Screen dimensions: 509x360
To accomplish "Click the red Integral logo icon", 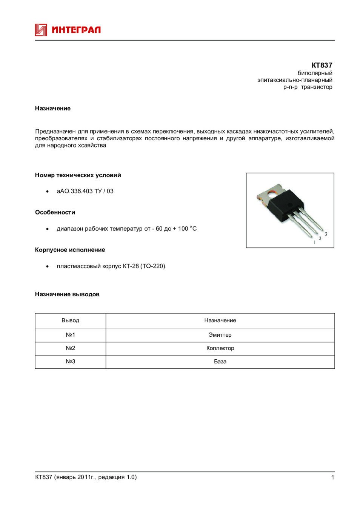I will (x=41, y=30).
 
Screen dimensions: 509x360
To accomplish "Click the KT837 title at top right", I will (x=322, y=65).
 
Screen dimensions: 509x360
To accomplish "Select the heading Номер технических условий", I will (x=78, y=175).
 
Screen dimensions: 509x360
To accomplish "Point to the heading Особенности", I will (x=55, y=212).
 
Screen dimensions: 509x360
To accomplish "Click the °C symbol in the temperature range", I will (x=193, y=228).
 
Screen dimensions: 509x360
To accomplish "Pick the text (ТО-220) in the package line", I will (x=153, y=266).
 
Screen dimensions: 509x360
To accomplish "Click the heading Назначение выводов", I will (x=67, y=294).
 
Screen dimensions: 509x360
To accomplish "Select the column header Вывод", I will (x=70, y=320).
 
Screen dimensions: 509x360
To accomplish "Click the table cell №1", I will (x=70, y=335).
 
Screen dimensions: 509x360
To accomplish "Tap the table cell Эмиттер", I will (x=220, y=335).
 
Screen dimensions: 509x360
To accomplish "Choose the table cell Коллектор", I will (x=220, y=348).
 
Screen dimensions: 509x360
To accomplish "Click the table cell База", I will (x=220, y=362).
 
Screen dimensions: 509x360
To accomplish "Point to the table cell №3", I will (x=70, y=362).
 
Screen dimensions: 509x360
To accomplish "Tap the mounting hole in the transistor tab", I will (x=271, y=194).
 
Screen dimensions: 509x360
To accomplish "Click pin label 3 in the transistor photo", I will (x=326, y=234).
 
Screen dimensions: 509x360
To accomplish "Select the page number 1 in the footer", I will (x=332, y=477).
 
